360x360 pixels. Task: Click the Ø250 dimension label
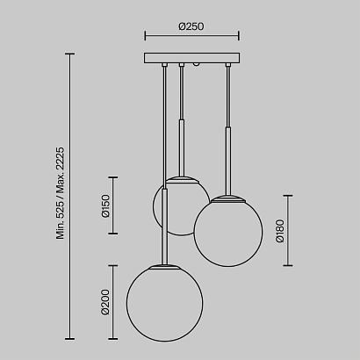[191, 26]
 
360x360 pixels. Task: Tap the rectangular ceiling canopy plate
[191, 59]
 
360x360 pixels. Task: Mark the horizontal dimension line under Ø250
[191, 38]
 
